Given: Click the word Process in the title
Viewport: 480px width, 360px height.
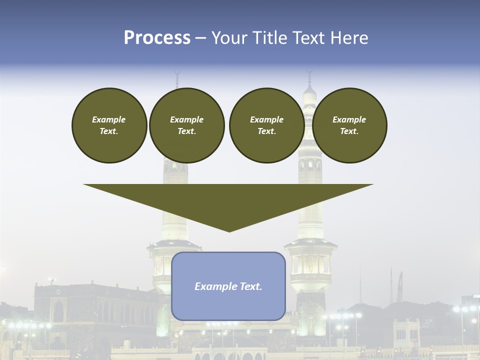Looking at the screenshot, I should tap(157, 38).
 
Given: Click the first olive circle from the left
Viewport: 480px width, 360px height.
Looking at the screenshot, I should tap(109, 125).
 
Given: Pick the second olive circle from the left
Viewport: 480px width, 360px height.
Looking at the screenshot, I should tap(186, 125).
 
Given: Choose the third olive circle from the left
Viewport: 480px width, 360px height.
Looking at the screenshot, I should tap(266, 125).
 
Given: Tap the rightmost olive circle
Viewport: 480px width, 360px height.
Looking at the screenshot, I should tap(349, 125).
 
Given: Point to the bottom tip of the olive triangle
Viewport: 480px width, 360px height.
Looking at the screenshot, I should tap(229, 231).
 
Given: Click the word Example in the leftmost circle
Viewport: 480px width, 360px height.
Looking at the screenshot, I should tap(109, 119).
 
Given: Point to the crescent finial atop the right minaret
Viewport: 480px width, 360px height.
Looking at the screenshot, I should tap(309, 71).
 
